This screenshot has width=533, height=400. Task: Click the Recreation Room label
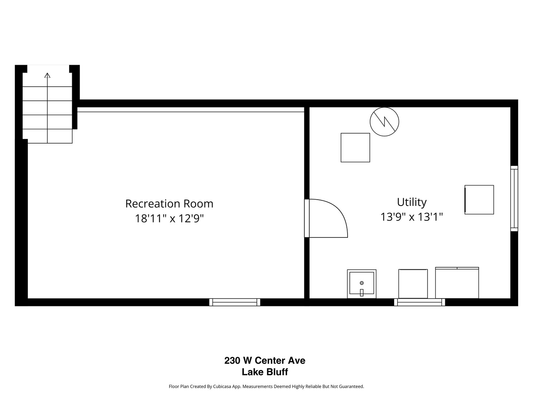169,204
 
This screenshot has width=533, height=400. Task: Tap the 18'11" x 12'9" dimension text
169,219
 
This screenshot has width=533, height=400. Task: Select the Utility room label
412,202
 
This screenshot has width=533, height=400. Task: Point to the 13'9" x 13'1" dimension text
412,217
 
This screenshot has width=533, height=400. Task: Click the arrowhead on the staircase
47,75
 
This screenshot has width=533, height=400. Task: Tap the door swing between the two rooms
328,219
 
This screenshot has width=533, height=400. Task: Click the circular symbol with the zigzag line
385,121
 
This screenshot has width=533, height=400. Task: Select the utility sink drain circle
362,283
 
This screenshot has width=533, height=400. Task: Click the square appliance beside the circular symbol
355,147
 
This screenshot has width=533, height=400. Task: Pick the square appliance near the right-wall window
479,200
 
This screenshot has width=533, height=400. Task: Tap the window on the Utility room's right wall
514,199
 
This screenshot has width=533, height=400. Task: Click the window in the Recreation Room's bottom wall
235,302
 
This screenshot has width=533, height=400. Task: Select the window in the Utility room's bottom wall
420,302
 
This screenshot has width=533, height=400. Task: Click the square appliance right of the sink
413,284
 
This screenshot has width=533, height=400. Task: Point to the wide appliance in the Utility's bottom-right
457,283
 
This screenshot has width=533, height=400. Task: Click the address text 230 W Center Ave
265,360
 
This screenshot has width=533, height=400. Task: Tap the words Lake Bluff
265,372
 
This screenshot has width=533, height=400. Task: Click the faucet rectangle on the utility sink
362,293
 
